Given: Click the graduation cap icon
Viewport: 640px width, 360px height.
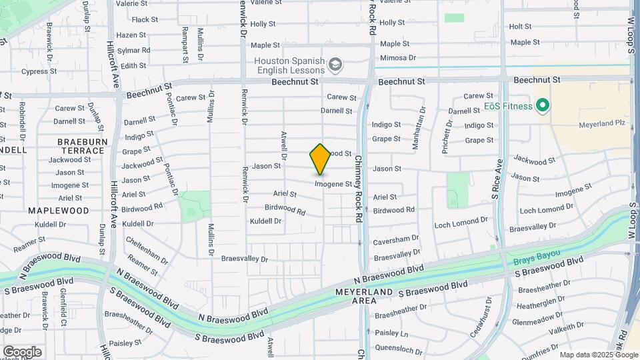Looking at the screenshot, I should click(x=335, y=65).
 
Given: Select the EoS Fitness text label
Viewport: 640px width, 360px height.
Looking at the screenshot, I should click(x=508, y=106).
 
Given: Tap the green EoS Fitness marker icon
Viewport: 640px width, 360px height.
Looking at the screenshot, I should click(x=543, y=105).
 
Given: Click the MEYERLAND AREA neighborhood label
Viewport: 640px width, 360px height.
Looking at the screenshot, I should click(x=373, y=297).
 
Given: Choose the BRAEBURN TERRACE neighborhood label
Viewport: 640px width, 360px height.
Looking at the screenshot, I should click(x=81, y=146).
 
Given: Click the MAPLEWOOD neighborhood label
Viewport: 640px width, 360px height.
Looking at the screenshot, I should click(x=59, y=210).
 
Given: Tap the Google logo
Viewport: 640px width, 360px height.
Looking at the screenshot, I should click(x=22, y=351).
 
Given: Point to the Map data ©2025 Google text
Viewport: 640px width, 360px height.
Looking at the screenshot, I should click(x=598, y=355).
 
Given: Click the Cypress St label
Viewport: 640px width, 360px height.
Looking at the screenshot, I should click(x=34, y=71).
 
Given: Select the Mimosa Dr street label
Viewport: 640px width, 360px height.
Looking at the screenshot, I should click(x=398, y=59).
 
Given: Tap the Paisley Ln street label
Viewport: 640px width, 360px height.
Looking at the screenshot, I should click(x=391, y=333).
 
